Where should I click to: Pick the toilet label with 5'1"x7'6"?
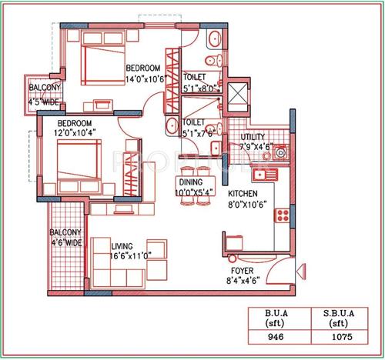[198, 132]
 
